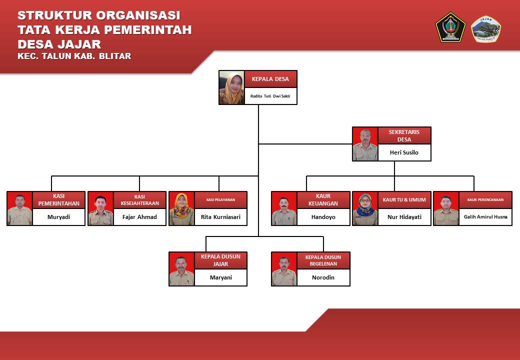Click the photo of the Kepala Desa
pos(231,87)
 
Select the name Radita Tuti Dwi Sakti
pos(270,95)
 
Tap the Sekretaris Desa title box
pos(404,135)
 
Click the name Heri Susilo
pos(404,152)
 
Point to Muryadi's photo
pos(20,208)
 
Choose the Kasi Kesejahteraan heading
pos(139,200)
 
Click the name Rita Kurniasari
pos(220,217)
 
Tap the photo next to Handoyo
pos(284,208)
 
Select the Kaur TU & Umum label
pos(404,200)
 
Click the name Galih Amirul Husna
pos(485,217)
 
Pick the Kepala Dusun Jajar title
pos(220,260)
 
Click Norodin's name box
pos(323,277)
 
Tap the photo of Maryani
pos(181,269)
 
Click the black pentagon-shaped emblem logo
pos(450,27)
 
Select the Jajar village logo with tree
pos(486,29)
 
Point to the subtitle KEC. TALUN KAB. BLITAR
pos(74,56)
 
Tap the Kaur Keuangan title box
pos(323,200)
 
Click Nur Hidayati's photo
pos(365,208)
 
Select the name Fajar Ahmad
pos(139,217)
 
